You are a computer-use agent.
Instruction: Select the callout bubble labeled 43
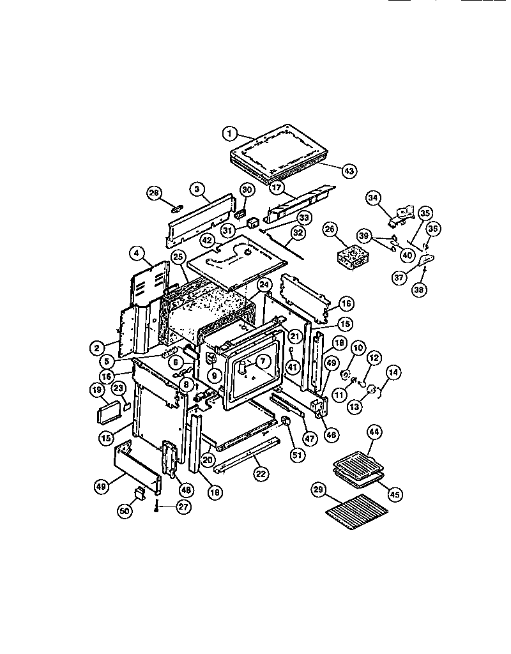(x=349, y=171)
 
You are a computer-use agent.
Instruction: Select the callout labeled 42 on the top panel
(x=207, y=241)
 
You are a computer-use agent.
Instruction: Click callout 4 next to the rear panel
(x=136, y=253)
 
